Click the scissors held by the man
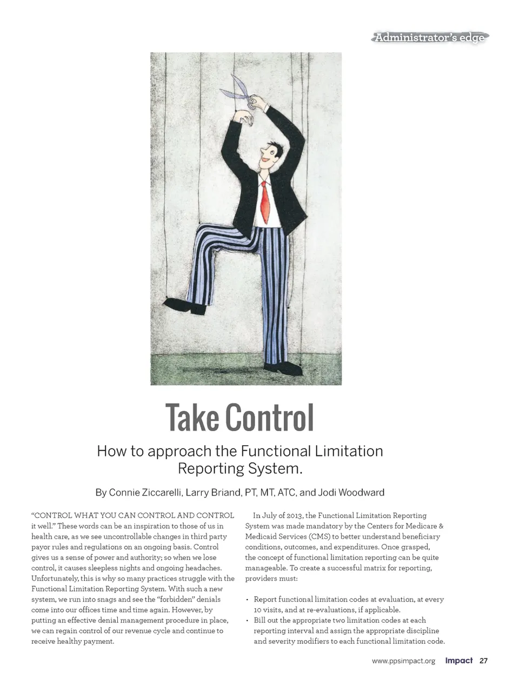[x=238, y=93]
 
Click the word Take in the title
[x=192, y=418]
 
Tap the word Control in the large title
[x=269, y=418]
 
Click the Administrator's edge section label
[x=430, y=37]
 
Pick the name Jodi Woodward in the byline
[x=351, y=493]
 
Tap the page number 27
[x=483, y=661]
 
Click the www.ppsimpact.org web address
[x=403, y=661]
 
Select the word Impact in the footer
[x=458, y=661]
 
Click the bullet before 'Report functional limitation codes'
[x=247, y=600]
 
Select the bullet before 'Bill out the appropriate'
[x=247, y=621]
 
